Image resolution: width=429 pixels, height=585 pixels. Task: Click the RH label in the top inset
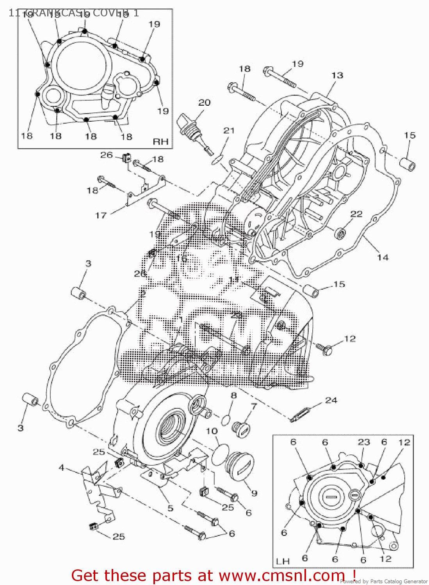160,142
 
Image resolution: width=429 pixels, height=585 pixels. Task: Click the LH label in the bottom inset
283,561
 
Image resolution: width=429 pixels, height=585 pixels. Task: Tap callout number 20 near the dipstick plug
205,103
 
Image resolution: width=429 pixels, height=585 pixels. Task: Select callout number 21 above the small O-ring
229,131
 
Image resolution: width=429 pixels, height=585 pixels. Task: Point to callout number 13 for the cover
337,75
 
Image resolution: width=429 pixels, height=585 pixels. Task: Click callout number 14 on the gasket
383,257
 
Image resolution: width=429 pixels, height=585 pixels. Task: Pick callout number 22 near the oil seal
356,214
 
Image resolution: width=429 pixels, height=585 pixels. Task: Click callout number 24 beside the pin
331,400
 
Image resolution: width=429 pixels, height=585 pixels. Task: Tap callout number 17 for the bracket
101,215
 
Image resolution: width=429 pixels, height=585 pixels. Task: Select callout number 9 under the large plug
254,493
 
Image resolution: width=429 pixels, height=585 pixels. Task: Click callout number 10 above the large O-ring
212,431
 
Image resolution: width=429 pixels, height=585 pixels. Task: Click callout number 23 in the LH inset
364,442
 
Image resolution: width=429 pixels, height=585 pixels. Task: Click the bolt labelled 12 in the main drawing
325,348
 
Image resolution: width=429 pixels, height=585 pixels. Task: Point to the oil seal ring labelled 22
341,234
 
